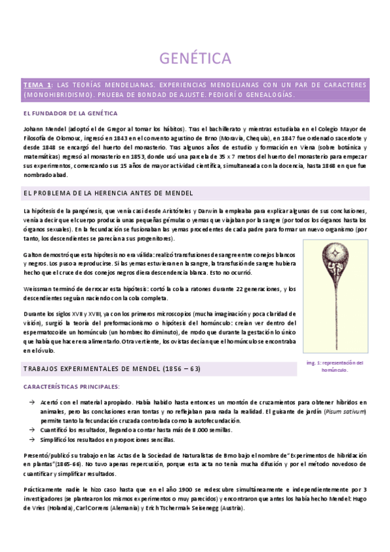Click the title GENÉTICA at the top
pyautogui.click(x=195, y=59)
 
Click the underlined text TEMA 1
pyautogui.click(x=37, y=85)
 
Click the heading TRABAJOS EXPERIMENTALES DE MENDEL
pyautogui.click(x=111, y=368)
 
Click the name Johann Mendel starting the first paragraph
pyautogui.click(x=42, y=128)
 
